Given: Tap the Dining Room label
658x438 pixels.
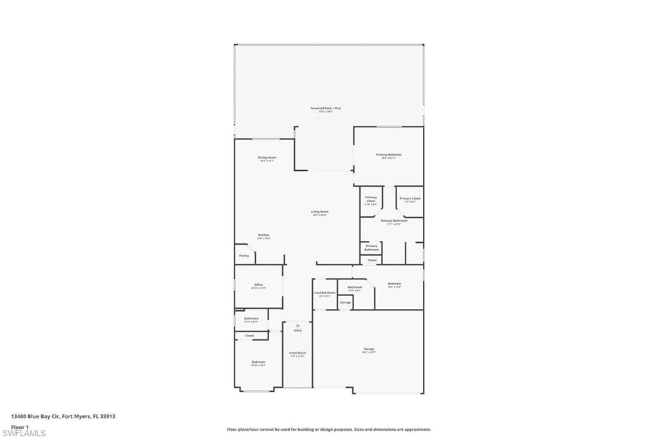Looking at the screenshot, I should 267,158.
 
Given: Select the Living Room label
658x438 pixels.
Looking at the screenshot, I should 319,213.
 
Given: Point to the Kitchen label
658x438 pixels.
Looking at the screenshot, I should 263,236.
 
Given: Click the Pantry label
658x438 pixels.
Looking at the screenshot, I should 244,256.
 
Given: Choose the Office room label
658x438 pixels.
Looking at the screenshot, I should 258,286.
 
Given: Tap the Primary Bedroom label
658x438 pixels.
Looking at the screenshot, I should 389,155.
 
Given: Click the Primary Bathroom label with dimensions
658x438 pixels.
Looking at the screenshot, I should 394,222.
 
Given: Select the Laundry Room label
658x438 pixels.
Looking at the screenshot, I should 325,293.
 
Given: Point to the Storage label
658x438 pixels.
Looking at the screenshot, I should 345,302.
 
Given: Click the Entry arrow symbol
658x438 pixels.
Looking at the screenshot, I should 298,326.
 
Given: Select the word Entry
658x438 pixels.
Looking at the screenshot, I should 298,331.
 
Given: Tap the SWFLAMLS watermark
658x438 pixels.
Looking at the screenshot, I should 24,434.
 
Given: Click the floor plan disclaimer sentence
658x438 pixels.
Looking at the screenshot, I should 328,430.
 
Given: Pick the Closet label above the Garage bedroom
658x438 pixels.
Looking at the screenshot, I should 372,260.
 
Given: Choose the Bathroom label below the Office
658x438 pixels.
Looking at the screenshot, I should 251,319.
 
